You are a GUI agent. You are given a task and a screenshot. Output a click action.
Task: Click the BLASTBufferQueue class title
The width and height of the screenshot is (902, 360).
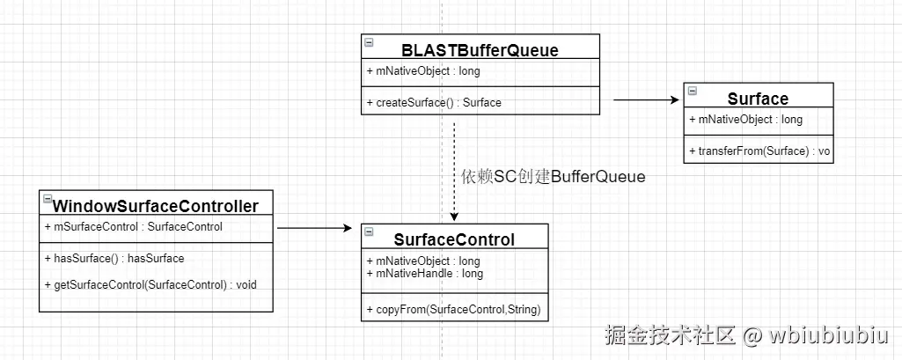[x=480, y=50]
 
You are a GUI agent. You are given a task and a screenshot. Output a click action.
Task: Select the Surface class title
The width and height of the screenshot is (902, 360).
[x=758, y=99]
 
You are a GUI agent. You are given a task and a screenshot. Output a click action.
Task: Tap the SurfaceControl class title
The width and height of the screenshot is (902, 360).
[x=454, y=239]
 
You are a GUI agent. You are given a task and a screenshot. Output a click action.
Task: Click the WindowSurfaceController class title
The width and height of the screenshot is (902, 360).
[x=157, y=206]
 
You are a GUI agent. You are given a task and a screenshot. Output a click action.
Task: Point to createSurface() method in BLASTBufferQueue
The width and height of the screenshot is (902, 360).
[x=433, y=103]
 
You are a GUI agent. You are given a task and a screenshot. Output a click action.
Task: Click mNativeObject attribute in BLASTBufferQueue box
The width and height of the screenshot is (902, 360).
[x=422, y=72]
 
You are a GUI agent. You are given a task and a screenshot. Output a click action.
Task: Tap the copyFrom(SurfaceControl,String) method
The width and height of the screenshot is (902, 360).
[x=452, y=310]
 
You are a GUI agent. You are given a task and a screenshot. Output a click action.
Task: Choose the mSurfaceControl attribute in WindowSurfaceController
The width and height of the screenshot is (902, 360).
[x=133, y=227]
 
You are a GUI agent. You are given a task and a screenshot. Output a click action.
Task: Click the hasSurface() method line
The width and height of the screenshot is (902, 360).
[x=114, y=259]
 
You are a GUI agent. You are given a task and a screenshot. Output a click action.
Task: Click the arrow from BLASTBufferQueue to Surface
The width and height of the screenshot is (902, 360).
[x=646, y=100]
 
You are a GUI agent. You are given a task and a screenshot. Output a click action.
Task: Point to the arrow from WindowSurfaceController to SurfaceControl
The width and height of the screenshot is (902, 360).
[x=314, y=229]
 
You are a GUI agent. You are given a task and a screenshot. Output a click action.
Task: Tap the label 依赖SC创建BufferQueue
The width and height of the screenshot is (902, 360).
[x=553, y=177]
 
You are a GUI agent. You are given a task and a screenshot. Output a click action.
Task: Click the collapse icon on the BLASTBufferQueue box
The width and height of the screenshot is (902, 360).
[x=368, y=42]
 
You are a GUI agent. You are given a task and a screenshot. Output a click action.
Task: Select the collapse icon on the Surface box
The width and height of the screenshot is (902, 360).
[x=692, y=91]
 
